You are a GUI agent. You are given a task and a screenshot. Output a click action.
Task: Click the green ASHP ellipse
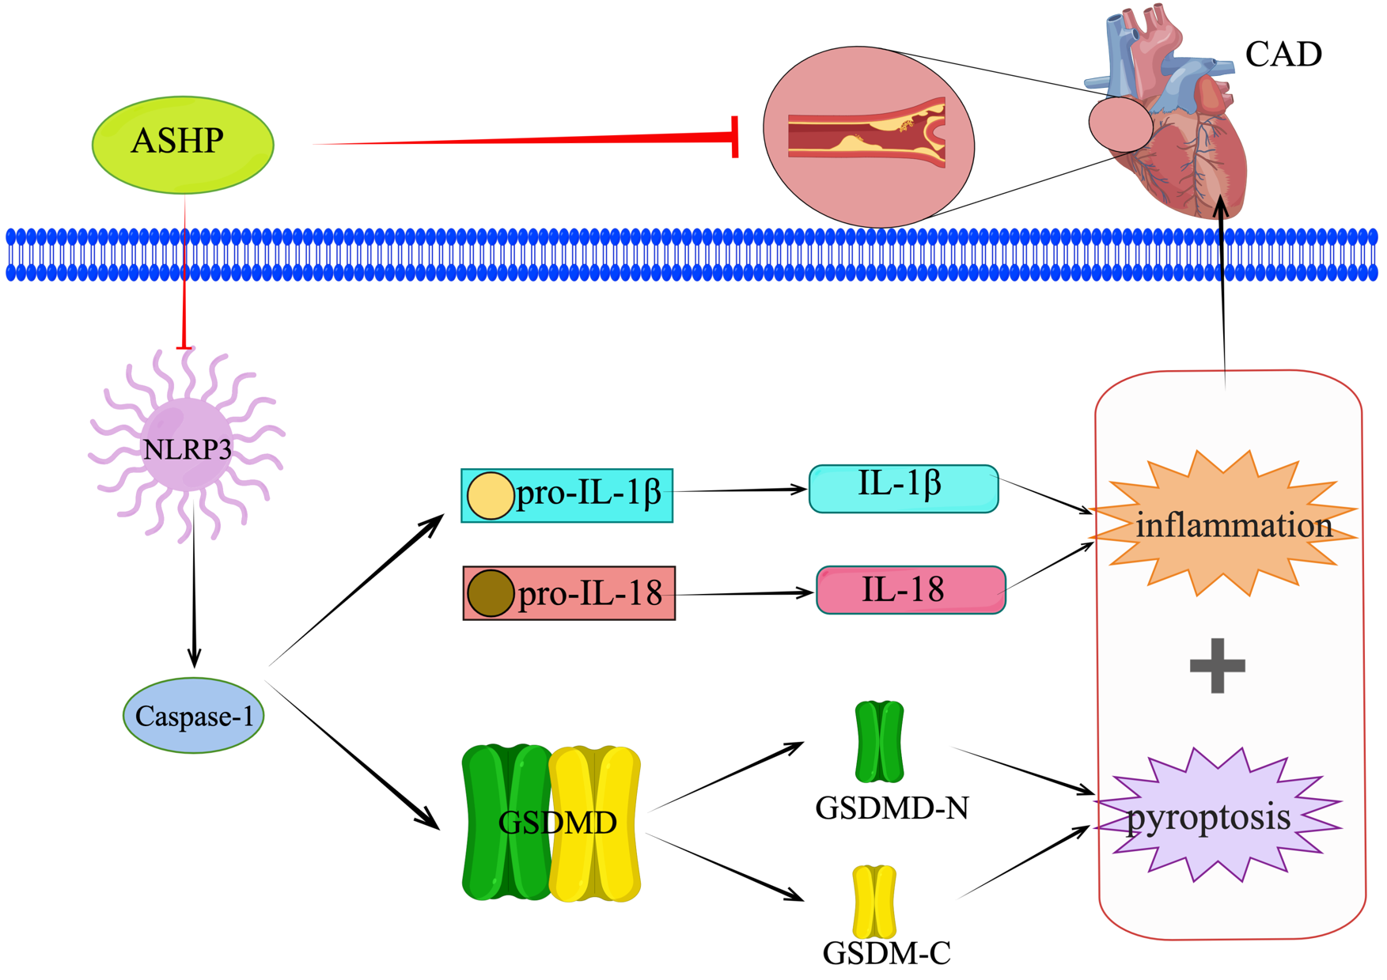coord(183,144)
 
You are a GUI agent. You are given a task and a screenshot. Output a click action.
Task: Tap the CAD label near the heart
coord(1283,55)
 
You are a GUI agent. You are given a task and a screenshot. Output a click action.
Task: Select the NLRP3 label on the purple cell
coord(188,449)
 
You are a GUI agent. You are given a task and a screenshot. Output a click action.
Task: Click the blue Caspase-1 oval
coord(194,716)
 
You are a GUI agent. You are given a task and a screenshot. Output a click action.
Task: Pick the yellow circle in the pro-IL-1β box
coord(490,496)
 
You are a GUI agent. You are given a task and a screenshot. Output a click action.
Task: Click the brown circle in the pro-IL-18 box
coord(490,593)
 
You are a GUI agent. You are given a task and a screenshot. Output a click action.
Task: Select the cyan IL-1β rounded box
coord(903,488)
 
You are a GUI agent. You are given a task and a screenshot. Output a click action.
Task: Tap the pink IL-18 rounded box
coord(910,590)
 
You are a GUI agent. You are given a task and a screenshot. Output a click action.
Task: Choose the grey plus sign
coord(1217,665)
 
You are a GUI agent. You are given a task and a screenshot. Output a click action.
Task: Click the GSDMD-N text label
coord(892,808)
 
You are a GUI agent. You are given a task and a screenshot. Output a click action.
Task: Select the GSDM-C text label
coord(886,953)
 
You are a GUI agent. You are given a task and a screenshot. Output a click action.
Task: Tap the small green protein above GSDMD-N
coord(879,741)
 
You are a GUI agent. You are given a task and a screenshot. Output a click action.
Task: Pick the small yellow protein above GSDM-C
coord(874,902)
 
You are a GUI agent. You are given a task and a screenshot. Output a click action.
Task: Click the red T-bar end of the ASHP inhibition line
coord(736,138)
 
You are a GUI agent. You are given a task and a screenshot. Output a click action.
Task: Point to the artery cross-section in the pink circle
coord(866,133)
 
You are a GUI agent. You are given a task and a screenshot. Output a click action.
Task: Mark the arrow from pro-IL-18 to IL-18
coord(744,592)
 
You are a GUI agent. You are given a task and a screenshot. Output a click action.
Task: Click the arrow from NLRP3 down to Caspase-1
coord(194,601)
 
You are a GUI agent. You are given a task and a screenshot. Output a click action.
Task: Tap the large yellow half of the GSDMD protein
coord(595,823)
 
